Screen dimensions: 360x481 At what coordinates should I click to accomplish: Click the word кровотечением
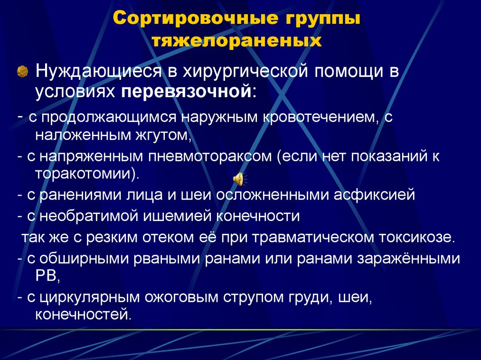coord(318,117)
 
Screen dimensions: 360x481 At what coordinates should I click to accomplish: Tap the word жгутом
coord(159,136)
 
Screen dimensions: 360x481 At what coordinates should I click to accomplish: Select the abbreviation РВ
coord(46,276)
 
